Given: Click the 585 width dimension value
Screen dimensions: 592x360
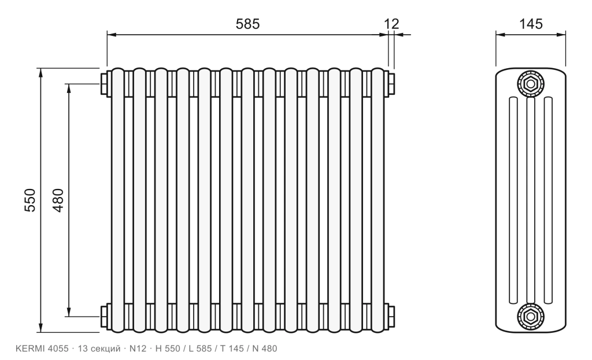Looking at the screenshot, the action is (x=247, y=24).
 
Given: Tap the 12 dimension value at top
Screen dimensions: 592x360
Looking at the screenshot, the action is (x=391, y=24).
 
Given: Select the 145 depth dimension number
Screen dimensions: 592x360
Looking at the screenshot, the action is (x=531, y=24).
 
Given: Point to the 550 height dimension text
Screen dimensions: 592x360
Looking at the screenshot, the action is (x=30, y=200).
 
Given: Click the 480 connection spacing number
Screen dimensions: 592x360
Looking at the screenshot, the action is (x=58, y=200).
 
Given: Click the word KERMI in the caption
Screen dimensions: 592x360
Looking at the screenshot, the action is (x=31, y=348).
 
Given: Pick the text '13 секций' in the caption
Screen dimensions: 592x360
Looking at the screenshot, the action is (x=99, y=348).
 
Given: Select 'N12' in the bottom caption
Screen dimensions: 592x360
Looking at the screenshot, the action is (x=138, y=348).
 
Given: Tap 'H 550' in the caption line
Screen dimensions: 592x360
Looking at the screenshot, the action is (x=168, y=348).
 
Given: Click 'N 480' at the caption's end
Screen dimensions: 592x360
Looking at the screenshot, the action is (x=264, y=348).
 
